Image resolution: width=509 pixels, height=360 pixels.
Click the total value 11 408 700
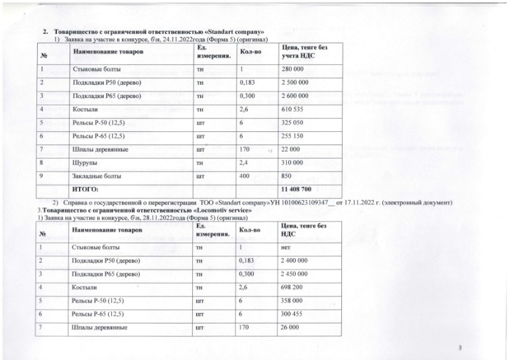tap(299, 191)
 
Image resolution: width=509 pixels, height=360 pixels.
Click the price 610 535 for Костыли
tap(292, 109)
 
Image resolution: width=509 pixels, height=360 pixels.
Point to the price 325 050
tap(292, 123)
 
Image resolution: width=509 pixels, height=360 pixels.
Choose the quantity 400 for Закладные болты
tap(245, 176)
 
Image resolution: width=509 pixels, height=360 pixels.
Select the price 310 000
tap(292, 163)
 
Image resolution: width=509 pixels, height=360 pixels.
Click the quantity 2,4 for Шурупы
tap(244, 163)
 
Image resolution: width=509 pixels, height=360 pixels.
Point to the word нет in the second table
tap(286, 247)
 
